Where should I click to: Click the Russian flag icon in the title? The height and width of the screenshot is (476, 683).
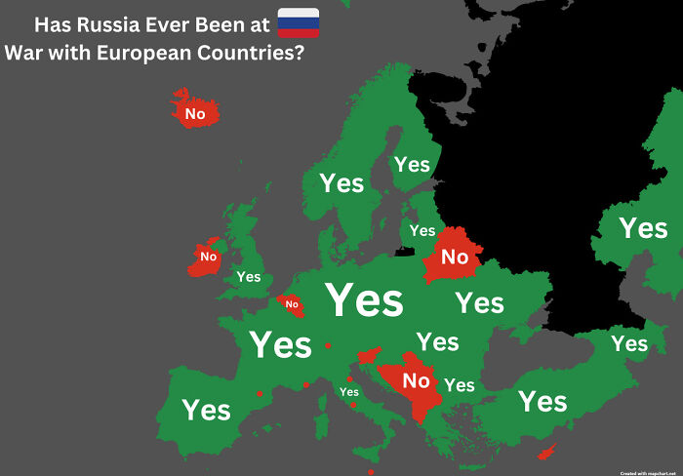tap(299, 23)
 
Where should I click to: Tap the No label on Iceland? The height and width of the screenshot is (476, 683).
tap(195, 114)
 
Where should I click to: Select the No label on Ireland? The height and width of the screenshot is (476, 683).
tap(208, 257)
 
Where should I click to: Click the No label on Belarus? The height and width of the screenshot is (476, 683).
tap(455, 258)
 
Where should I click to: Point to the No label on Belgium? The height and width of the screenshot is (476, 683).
tap(292, 304)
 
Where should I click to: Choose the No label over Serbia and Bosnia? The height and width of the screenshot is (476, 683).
tap(417, 380)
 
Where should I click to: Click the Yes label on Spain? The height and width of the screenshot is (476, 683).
tap(207, 410)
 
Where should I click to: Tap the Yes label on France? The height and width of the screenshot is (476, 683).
tap(280, 344)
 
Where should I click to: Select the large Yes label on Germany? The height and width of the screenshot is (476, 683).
tap(364, 300)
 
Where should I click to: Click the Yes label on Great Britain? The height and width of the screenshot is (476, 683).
tap(249, 277)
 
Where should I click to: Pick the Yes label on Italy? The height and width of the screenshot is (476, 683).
tap(348, 392)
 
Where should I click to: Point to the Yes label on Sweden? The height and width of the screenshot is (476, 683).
tap(341, 182)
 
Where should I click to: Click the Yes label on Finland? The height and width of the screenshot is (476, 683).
tap(412, 165)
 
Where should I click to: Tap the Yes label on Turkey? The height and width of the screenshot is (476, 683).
tap(542, 401)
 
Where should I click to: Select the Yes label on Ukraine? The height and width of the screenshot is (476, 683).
tap(479, 302)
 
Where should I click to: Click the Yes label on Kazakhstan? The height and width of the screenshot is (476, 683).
tap(643, 228)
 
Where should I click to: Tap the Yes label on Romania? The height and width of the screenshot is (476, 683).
tap(438, 341)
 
